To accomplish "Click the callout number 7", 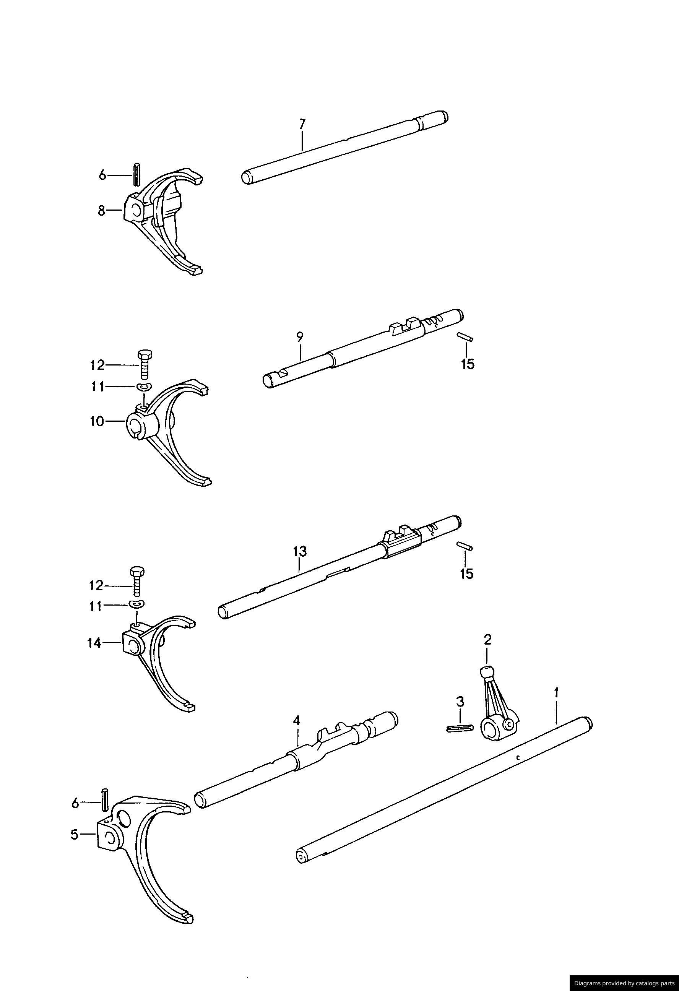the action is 302,124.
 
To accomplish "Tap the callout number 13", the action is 299,551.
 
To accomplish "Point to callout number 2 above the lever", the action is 487,651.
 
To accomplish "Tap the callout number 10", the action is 97,422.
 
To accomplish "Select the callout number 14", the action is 94,643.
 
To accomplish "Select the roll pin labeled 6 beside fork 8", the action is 137,174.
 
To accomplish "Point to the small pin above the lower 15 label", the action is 464,546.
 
